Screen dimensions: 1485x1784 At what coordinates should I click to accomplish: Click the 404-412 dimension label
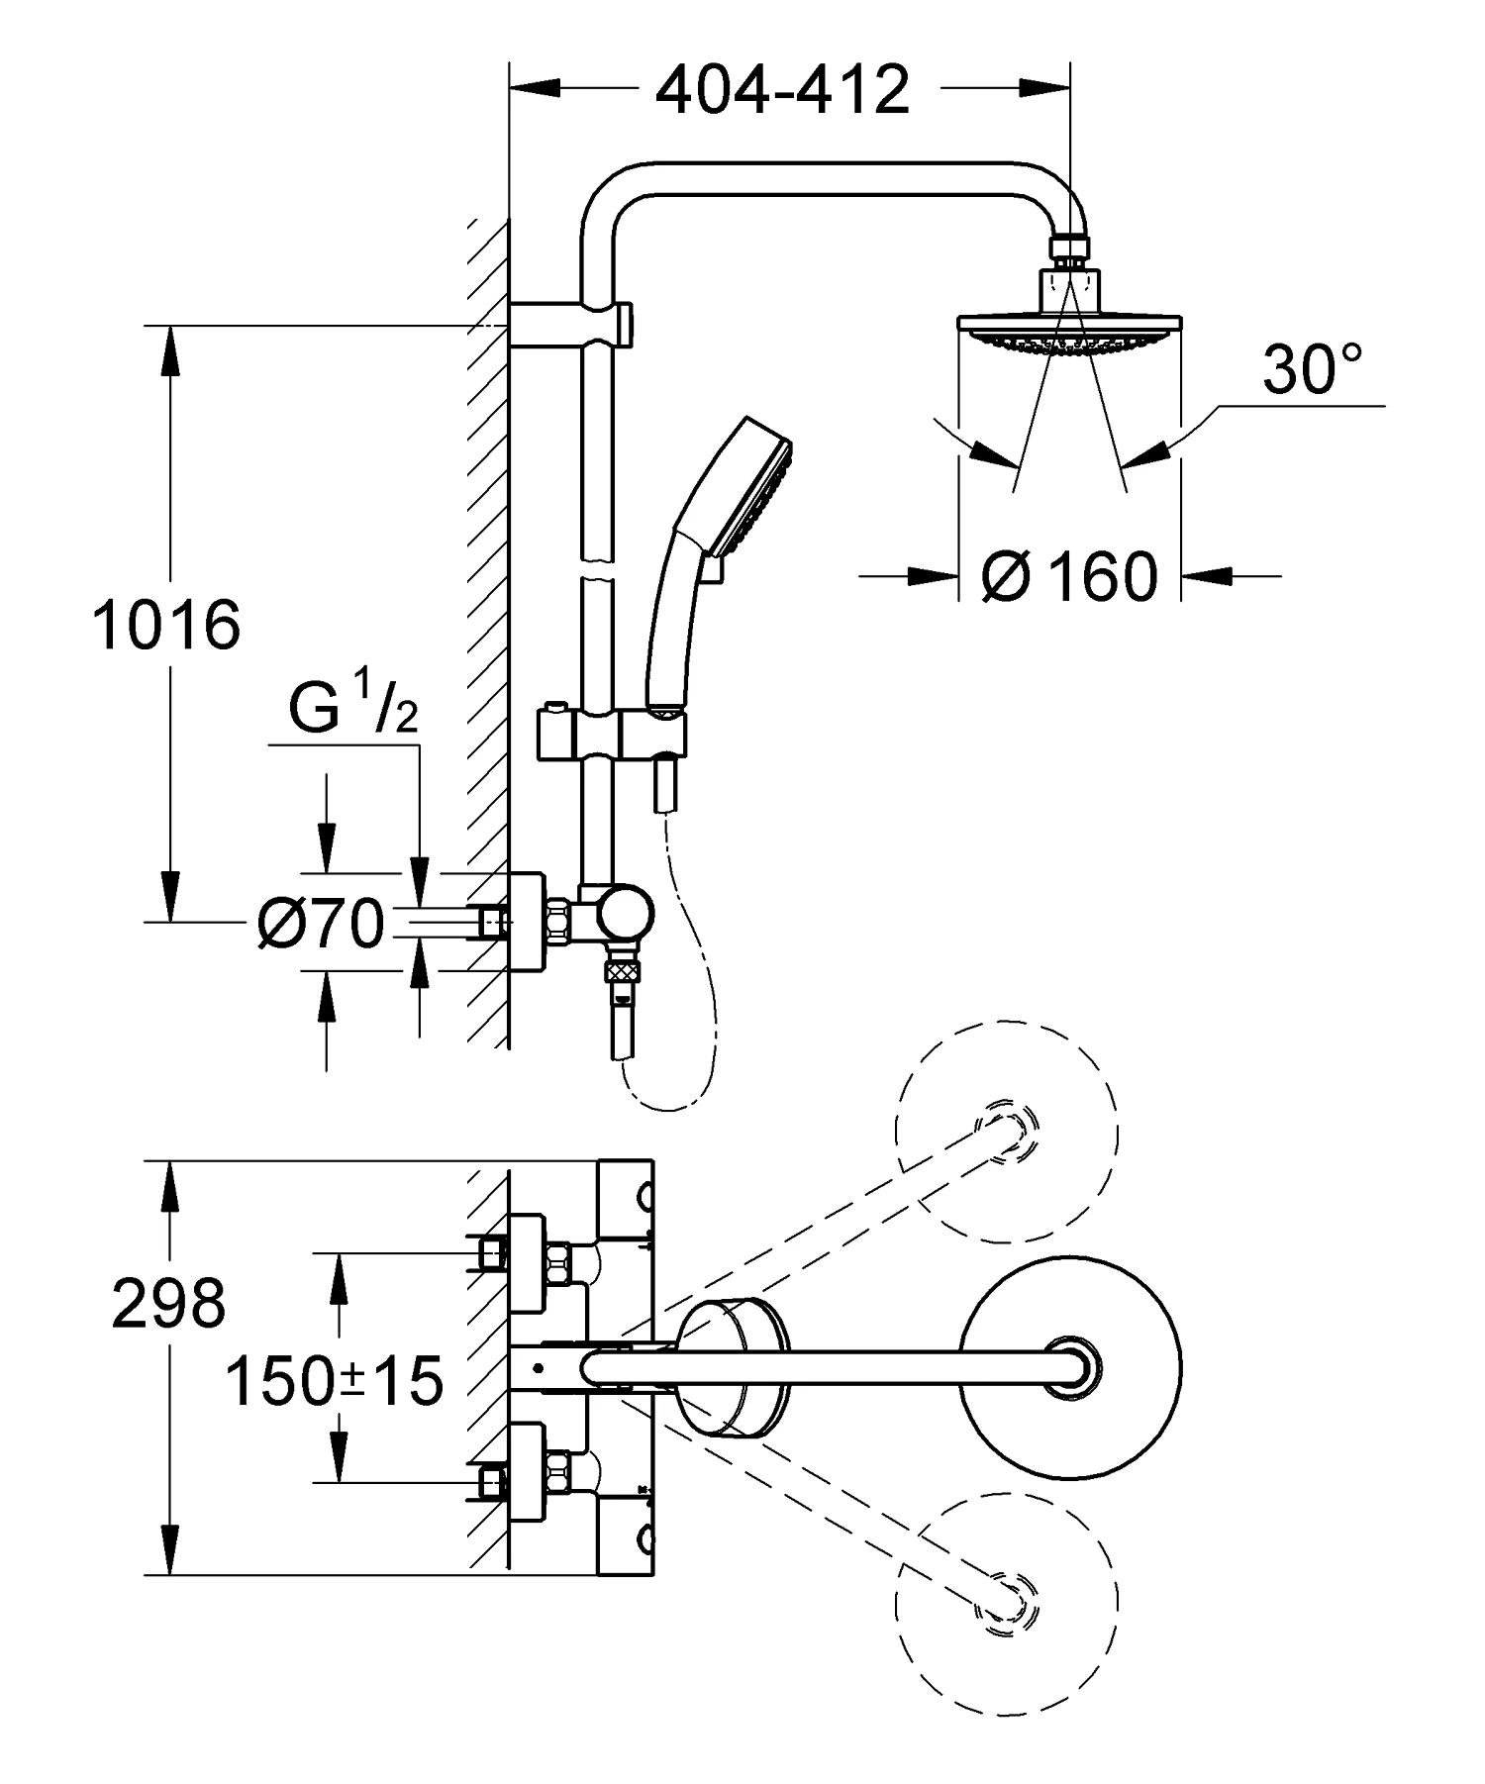click(782, 90)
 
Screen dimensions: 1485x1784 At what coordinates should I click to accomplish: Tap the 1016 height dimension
click(166, 625)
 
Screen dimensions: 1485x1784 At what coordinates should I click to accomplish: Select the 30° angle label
click(1313, 369)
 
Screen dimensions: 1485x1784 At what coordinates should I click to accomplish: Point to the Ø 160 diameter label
click(1069, 575)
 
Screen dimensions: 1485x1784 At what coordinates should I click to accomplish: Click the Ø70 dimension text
click(319, 925)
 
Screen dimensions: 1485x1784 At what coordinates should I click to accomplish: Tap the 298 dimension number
click(168, 1303)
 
